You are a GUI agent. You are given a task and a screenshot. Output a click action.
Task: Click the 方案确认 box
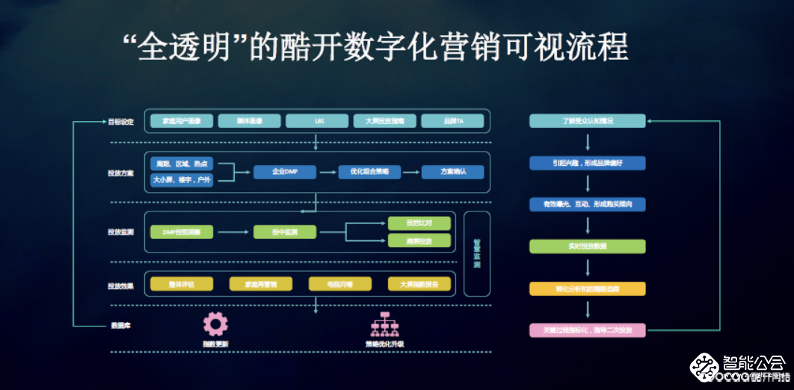(452, 172)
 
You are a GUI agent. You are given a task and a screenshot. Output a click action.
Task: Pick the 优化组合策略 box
(369, 172)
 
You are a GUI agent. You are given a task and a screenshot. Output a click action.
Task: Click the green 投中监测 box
(284, 232)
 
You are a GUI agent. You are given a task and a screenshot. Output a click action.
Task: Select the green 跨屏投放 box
(419, 241)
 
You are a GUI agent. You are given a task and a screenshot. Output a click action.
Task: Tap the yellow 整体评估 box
(182, 284)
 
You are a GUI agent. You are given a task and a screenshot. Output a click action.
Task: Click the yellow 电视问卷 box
(340, 284)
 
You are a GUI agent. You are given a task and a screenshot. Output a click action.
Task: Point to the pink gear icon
(215, 324)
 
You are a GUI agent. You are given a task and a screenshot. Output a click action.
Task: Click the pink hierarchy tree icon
(384, 324)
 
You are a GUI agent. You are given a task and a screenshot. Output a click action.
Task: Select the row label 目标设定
(120, 121)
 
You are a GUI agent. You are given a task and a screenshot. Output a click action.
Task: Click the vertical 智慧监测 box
(477, 253)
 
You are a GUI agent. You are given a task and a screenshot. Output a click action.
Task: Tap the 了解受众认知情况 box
(587, 121)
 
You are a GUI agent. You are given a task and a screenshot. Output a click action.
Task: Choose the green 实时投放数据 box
(587, 247)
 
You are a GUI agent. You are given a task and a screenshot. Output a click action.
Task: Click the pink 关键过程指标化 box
(587, 330)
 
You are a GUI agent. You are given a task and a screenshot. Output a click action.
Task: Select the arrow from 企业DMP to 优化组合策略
(327, 172)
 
